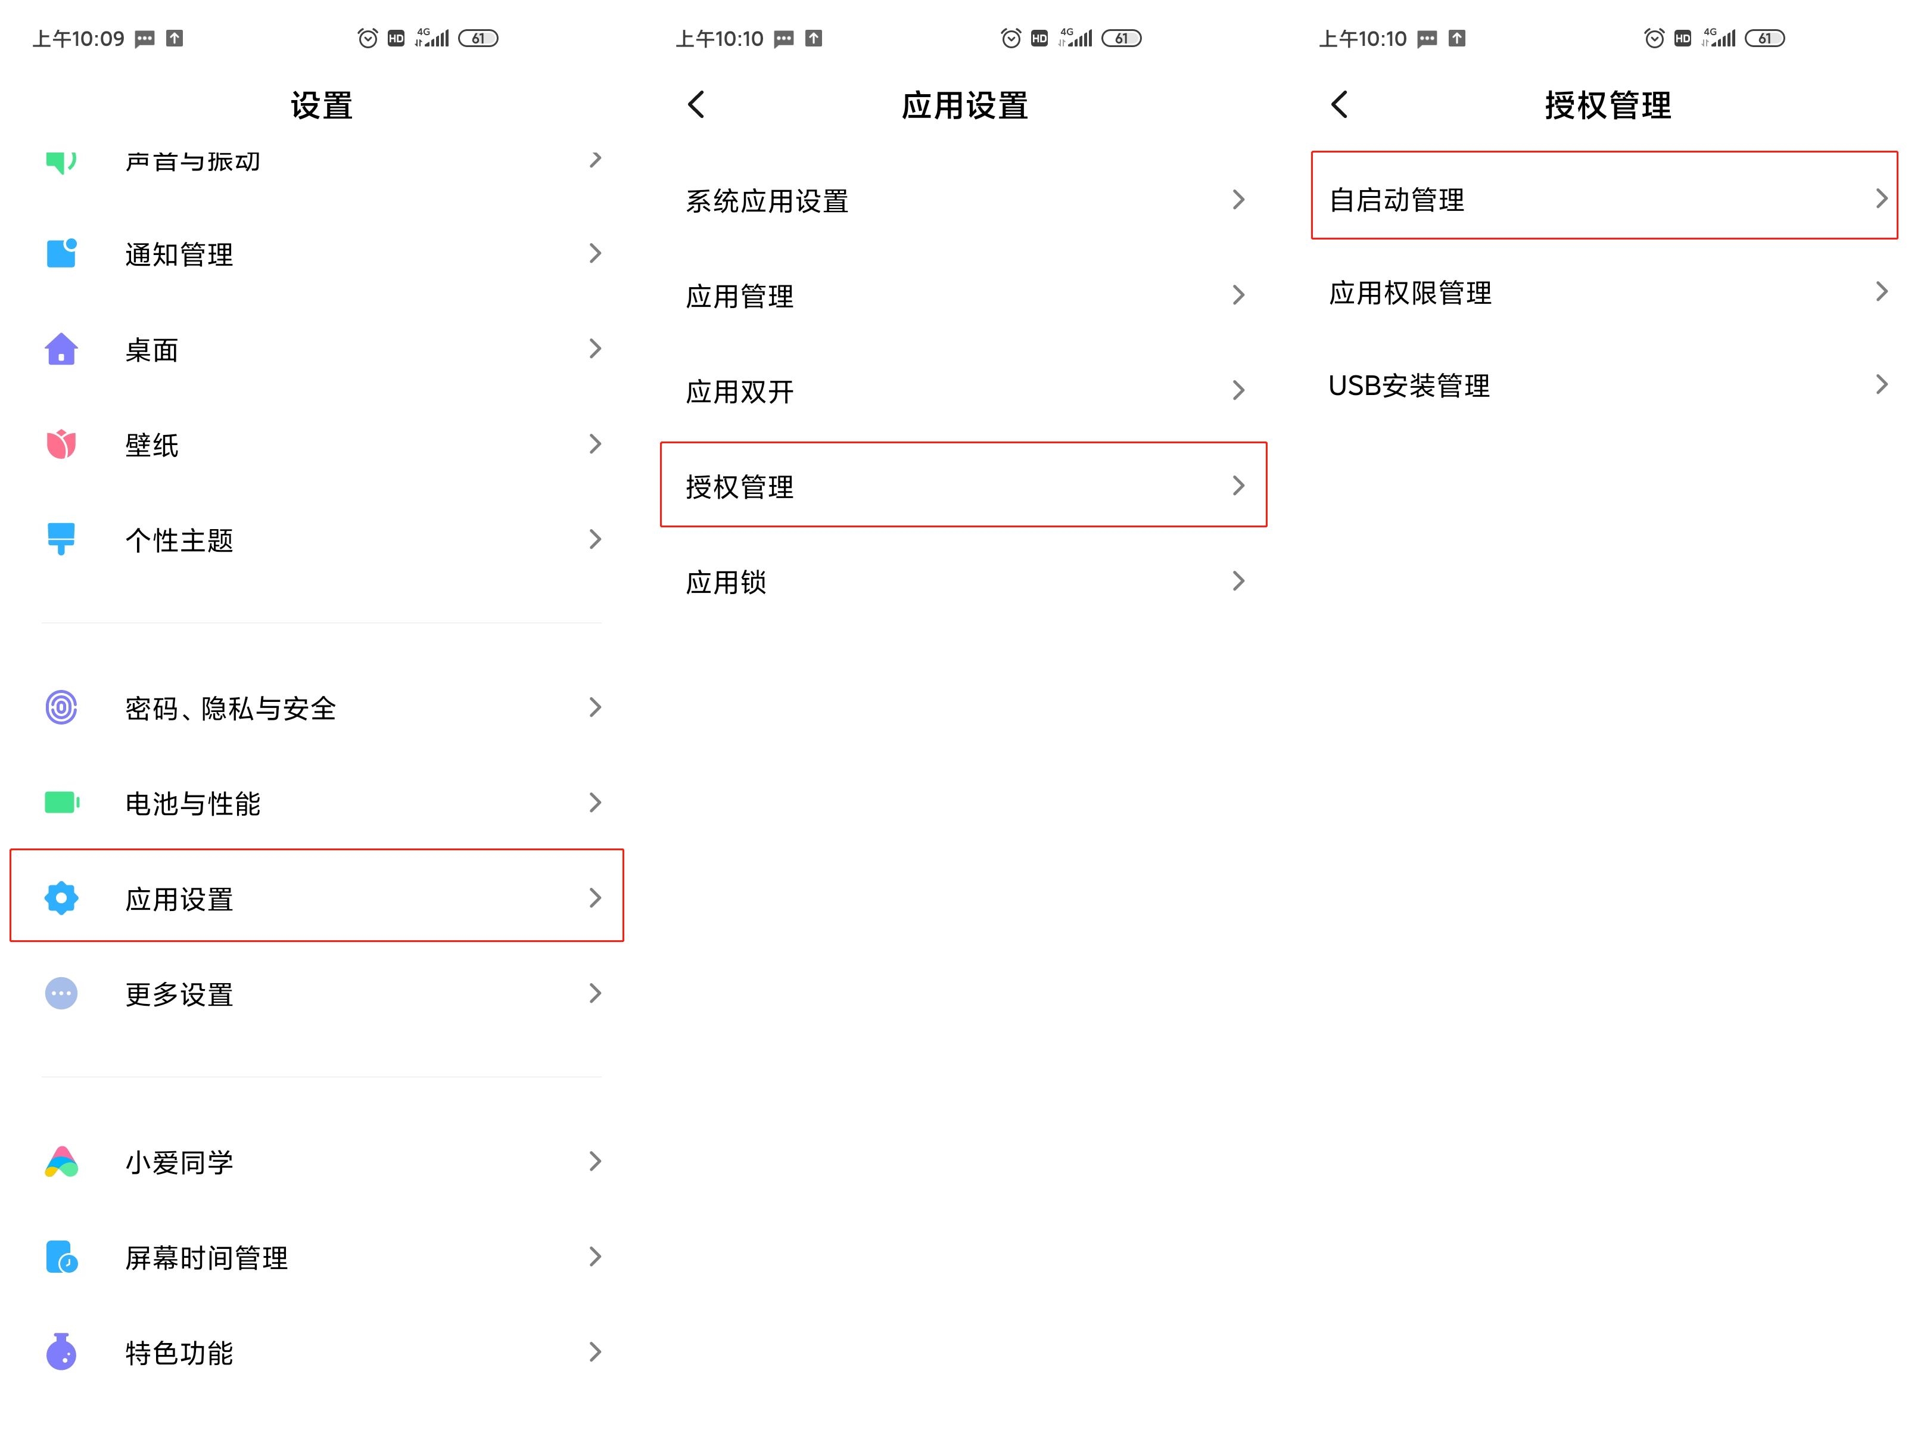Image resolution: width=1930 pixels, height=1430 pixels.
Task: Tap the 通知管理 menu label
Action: [179, 254]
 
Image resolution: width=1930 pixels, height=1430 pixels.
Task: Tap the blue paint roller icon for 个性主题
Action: [61, 539]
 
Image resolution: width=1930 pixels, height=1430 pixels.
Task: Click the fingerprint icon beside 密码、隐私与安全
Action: [61, 707]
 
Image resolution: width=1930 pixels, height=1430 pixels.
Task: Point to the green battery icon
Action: [61, 803]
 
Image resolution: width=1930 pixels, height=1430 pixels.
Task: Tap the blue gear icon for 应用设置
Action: [61, 898]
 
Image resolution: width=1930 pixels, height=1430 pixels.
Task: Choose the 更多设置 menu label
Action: [179, 994]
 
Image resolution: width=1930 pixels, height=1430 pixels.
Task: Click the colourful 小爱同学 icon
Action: [61, 1162]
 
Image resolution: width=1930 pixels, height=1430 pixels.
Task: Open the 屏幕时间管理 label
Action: [206, 1258]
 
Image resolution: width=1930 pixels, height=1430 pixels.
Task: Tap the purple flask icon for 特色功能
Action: [61, 1351]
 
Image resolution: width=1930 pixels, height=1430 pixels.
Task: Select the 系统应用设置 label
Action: [767, 201]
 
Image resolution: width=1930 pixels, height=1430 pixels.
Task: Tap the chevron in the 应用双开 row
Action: [1238, 390]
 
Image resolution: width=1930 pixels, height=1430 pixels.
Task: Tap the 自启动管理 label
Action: [1396, 200]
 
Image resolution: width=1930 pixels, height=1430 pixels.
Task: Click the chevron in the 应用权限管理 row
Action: [1882, 292]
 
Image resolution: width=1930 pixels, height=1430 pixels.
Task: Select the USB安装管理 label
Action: [1409, 385]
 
